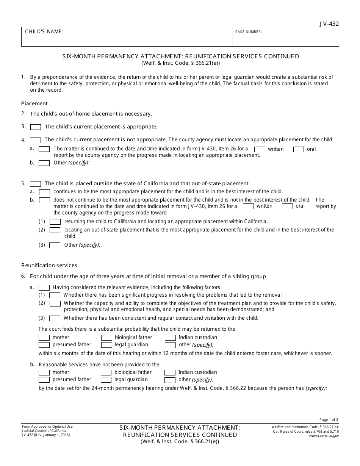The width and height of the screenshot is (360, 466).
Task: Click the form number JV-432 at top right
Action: pos(329,23)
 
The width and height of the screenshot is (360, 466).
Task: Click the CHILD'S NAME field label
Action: pos(44,32)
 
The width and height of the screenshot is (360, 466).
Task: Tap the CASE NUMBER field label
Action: pos(249,32)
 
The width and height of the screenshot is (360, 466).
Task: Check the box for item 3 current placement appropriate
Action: pos(36,127)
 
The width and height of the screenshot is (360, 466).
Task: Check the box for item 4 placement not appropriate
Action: pos(36,140)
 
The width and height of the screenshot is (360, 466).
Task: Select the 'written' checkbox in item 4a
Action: pos(260,149)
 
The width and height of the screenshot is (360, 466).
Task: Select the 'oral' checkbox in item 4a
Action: pos(299,149)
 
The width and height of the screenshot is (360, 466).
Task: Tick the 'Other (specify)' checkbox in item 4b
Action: pos(44,163)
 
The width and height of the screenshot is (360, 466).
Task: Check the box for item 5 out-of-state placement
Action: pos(36,184)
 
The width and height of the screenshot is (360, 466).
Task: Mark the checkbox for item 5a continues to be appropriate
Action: pos(44,192)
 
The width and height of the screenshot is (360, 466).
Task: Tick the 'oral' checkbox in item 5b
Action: pos(287,206)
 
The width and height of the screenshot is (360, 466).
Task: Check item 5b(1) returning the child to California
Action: pos(55,222)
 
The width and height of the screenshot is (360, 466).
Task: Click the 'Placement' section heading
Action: pos(34,103)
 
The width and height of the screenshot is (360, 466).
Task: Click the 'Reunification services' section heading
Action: pos(49,265)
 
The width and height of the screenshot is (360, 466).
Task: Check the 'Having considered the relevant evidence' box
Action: pos(44,288)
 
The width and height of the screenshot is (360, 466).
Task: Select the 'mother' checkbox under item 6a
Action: pos(44,338)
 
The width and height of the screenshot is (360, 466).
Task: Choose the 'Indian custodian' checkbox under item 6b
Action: pos(170,372)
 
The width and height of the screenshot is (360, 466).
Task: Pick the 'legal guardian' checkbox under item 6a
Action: pos(107,345)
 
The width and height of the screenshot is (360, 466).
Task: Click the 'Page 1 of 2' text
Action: pos(329,420)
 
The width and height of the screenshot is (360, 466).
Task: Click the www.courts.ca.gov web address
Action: pos(324,436)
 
